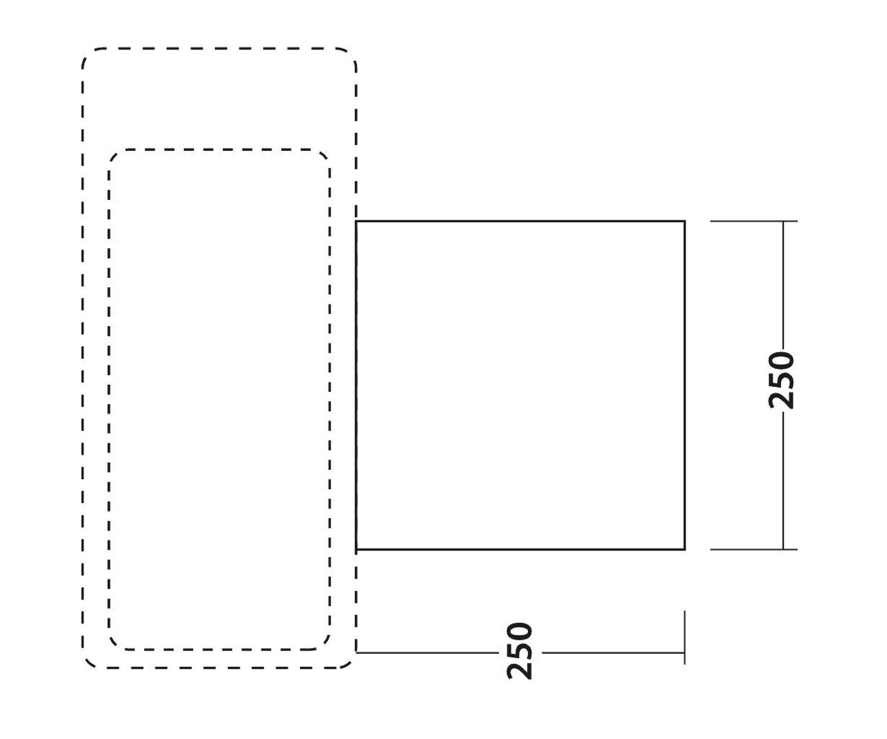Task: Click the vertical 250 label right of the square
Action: pyautogui.click(x=781, y=380)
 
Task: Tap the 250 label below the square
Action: pyautogui.click(x=520, y=651)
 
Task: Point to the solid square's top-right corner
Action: pyautogui.click(x=685, y=222)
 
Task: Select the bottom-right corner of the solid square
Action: pyautogui.click(x=685, y=549)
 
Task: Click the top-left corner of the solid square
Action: pyautogui.click(x=356, y=222)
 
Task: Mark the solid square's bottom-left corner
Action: pyautogui.click(x=356, y=549)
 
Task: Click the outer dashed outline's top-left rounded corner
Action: pyautogui.click(x=87, y=53)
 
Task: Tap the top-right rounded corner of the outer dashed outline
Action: pyautogui.click(x=351, y=53)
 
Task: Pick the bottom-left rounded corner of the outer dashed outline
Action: pyautogui.click(x=87, y=663)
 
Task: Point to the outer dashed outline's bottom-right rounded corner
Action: pyautogui.click(x=351, y=663)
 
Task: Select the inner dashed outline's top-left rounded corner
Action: pyautogui.click(x=113, y=154)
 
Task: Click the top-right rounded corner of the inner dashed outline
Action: pyautogui.click(x=326, y=154)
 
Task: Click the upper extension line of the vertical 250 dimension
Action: pyautogui.click(x=754, y=222)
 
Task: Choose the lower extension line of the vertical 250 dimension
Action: pyautogui.click(x=754, y=549)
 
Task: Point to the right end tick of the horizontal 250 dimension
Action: pyautogui.click(x=685, y=637)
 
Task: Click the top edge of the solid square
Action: pyautogui.click(x=520, y=222)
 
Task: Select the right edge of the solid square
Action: pyautogui.click(x=685, y=385)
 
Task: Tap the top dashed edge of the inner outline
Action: pyautogui.click(x=220, y=149)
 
